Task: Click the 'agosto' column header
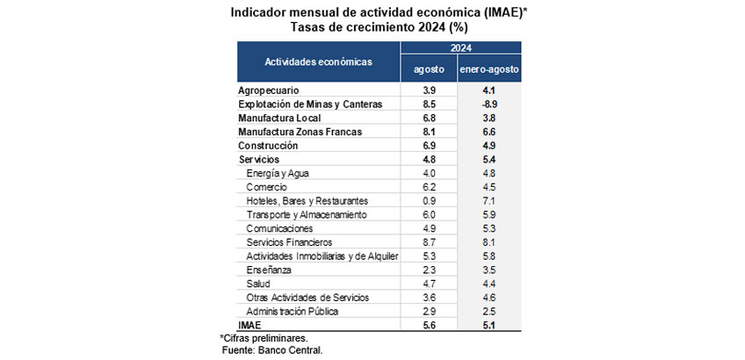(429, 69)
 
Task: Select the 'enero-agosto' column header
(488, 69)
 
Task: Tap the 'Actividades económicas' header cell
(318, 61)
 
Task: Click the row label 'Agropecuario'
(269, 90)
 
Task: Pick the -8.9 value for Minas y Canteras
(488, 104)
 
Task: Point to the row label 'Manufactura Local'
(280, 118)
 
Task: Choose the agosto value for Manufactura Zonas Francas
(429, 132)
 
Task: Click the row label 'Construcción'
(268, 146)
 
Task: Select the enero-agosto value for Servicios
(488, 159)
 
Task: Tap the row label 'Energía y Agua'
(278, 173)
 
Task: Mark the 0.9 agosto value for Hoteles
(429, 201)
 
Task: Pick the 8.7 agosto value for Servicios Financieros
(429, 242)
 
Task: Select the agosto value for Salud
(429, 284)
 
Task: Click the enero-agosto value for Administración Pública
(488, 312)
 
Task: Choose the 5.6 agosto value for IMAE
(429, 325)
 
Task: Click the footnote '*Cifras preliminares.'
(264, 339)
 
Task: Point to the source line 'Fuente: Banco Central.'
(272, 351)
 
